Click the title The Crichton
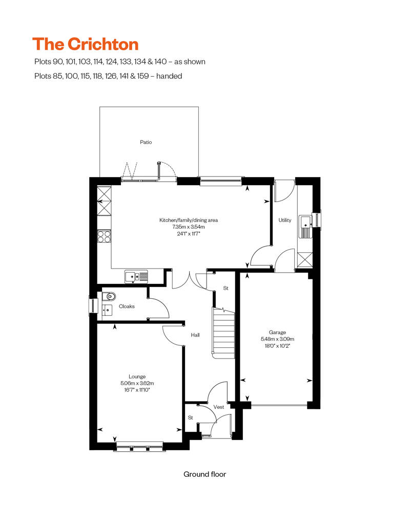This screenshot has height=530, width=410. point(85,44)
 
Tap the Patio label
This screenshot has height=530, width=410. point(146,142)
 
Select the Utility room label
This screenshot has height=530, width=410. point(285,220)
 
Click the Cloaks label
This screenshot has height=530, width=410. point(127,306)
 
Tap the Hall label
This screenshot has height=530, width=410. point(195,335)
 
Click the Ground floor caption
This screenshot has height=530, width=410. point(204,474)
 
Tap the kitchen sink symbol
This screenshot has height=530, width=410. point(136,277)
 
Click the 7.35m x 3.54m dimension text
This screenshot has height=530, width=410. point(189,227)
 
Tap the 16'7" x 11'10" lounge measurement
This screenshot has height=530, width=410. point(137,389)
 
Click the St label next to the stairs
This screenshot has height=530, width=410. point(225,289)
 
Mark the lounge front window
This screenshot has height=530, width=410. point(139,446)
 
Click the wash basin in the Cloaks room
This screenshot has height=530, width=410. point(108,309)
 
